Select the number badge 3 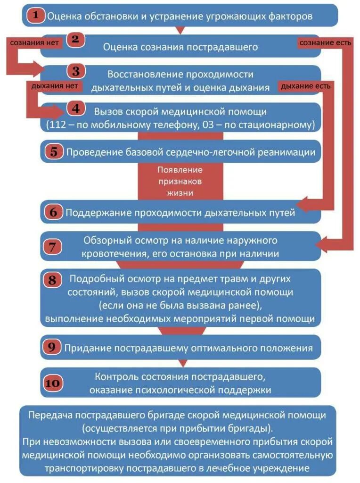coord(75,71)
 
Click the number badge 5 coord(54,152)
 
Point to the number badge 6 coord(53,212)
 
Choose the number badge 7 coord(53,246)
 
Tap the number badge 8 coord(53,280)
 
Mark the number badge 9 coord(52,348)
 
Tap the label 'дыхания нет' coord(54,86)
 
